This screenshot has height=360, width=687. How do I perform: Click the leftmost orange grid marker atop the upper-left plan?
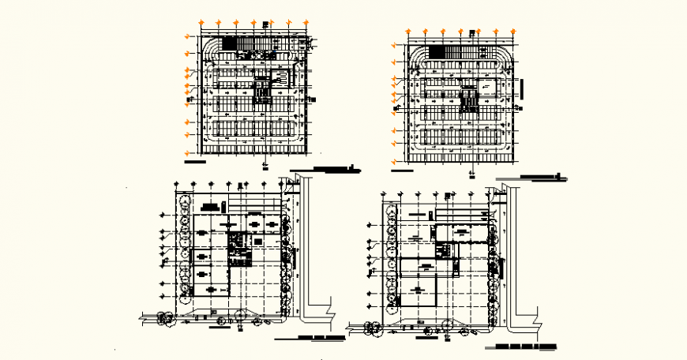tap(202, 23)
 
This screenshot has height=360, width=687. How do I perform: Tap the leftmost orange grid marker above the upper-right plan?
tap(409, 32)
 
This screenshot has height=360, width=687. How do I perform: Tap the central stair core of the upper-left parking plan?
tap(261, 90)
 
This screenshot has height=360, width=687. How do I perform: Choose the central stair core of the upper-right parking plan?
tap(469, 99)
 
